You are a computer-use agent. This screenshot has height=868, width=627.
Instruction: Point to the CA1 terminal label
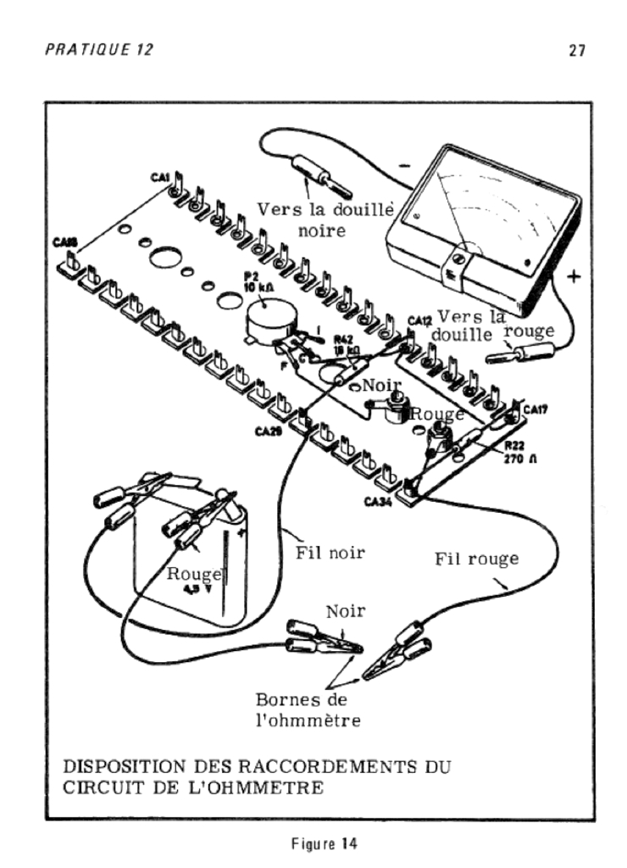161,177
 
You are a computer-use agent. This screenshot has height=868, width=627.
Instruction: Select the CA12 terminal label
419,320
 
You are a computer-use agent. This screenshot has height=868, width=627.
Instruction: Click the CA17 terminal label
535,410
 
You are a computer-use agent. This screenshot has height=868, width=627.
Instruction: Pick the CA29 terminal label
267,431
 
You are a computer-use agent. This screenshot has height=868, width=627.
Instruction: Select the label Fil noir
330,553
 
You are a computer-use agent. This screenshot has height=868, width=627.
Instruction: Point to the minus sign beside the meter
404,167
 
